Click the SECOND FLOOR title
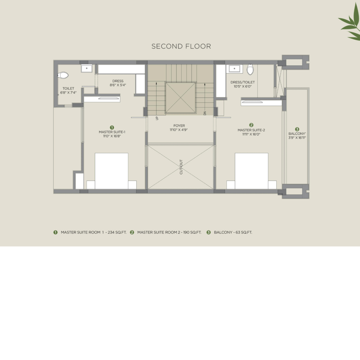181,46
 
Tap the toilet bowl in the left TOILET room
63,75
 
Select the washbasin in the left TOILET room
86,68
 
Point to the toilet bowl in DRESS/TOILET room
250,69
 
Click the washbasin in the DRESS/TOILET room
234,69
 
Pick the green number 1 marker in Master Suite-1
112,127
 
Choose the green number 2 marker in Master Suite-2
251,125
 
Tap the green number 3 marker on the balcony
297,129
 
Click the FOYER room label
179,126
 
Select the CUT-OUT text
181,167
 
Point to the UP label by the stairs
157,118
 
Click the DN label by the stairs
205,113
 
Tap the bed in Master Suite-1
111,171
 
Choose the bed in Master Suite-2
251,171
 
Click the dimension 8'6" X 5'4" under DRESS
118,85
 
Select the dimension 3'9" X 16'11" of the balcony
297,138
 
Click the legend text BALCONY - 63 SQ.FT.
233,232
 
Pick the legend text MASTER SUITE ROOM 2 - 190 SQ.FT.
169,232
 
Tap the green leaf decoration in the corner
350,22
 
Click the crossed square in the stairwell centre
181,98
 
